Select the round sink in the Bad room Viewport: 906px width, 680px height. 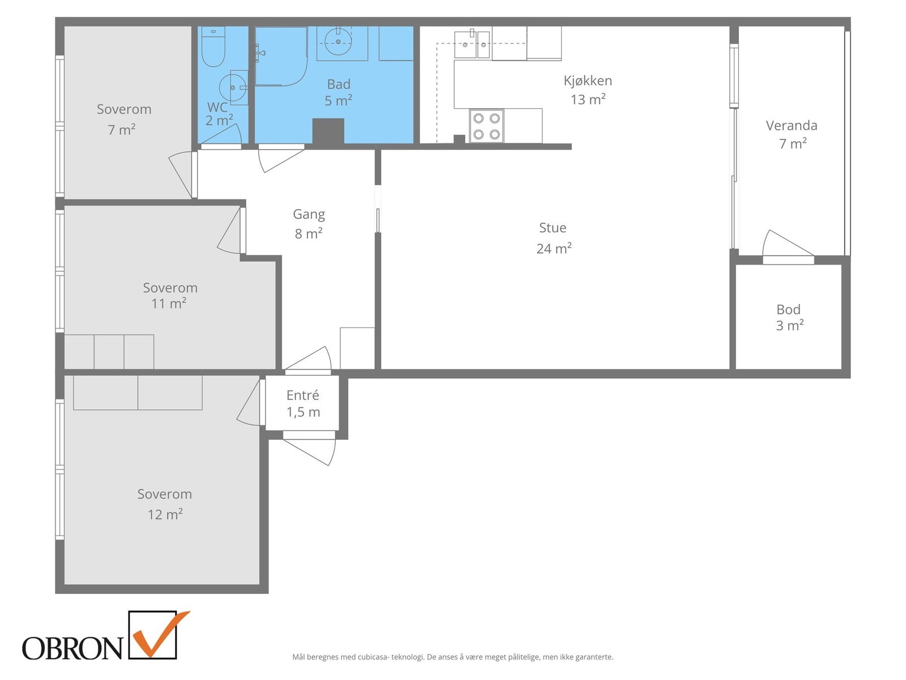click(338, 42)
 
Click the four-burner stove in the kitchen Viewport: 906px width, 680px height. click(486, 126)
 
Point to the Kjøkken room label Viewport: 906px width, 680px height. click(588, 80)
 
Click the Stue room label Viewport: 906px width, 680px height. click(552, 227)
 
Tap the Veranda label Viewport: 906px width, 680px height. click(791, 125)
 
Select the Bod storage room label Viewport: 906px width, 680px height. click(788, 309)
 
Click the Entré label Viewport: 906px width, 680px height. click(302, 395)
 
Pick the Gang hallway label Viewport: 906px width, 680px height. click(309, 215)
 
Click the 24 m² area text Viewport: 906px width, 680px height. click(554, 248)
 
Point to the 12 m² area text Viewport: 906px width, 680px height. click(165, 514)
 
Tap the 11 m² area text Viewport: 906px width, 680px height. click(168, 304)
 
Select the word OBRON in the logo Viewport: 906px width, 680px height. click(72, 648)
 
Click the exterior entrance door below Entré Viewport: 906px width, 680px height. click(310, 451)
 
